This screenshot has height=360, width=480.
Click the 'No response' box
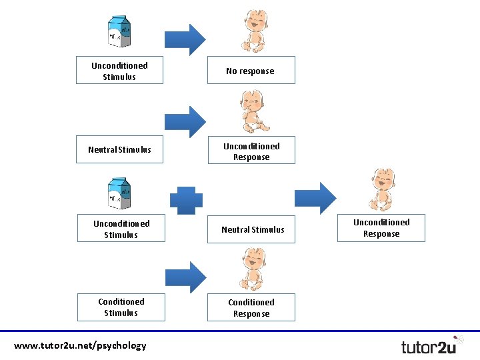251,71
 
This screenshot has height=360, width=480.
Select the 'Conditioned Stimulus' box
121,307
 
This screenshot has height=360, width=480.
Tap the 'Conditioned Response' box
251,308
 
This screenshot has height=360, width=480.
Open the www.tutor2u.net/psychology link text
80,345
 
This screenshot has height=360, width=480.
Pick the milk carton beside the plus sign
120,194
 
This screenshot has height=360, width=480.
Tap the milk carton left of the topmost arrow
120,31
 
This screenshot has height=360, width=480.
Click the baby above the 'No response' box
253,31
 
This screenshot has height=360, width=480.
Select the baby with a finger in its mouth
254,112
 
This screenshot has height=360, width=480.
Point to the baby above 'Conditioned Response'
253,269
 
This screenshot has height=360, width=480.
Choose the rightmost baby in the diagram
383,189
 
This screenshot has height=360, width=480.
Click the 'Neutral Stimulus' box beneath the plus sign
253,229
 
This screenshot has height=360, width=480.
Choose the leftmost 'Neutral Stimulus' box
120,149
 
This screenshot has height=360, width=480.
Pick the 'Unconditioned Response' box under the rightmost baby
381,228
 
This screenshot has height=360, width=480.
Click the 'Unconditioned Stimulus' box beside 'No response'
119,71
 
